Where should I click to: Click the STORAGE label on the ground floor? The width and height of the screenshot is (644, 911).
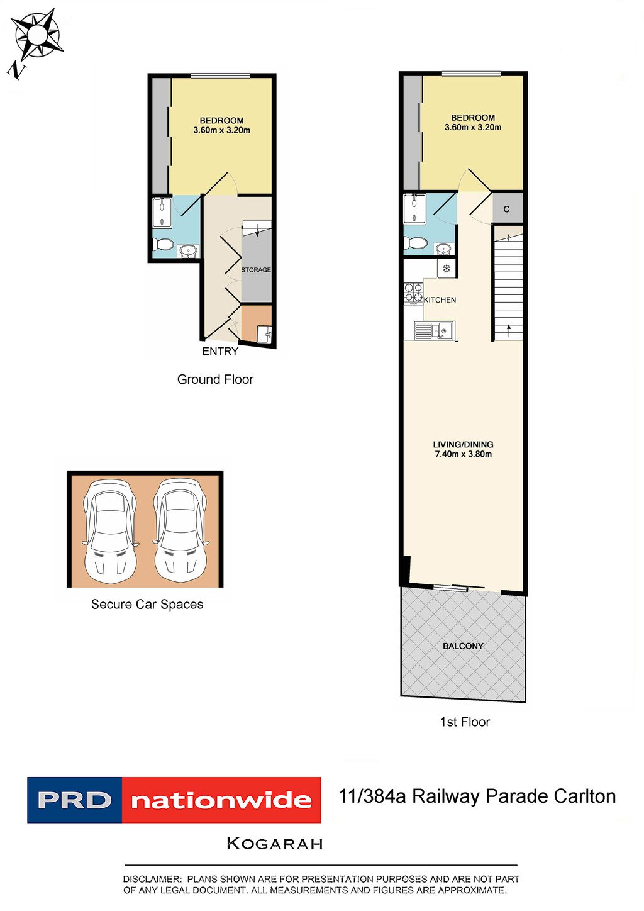[x=256, y=270]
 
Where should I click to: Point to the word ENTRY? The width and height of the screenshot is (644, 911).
[x=220, y=351]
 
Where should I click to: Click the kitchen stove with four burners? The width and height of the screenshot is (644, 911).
[x=413, y=294]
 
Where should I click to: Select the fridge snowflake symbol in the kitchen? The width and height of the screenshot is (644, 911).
[x=447, y=269]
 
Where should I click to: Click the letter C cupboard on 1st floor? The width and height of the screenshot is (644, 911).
[x=506, y=209]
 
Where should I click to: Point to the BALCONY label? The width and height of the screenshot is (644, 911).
[x=463, y=646]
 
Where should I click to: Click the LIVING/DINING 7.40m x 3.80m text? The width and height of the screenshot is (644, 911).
[x=463, y=449]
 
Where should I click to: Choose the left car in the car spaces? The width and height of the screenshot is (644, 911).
[x=111, y=532]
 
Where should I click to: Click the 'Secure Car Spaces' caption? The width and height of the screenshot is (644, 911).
[x=147, y=605]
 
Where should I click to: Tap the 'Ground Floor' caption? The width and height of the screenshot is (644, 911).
[x=215, y=379]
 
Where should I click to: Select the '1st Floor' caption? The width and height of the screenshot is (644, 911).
[x=465, y=722]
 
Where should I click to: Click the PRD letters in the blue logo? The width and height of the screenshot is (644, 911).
[x=74, y=800]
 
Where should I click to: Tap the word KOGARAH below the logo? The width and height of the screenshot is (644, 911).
[x=275, y=844]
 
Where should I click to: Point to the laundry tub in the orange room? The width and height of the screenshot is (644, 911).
[x=264, y=334]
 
